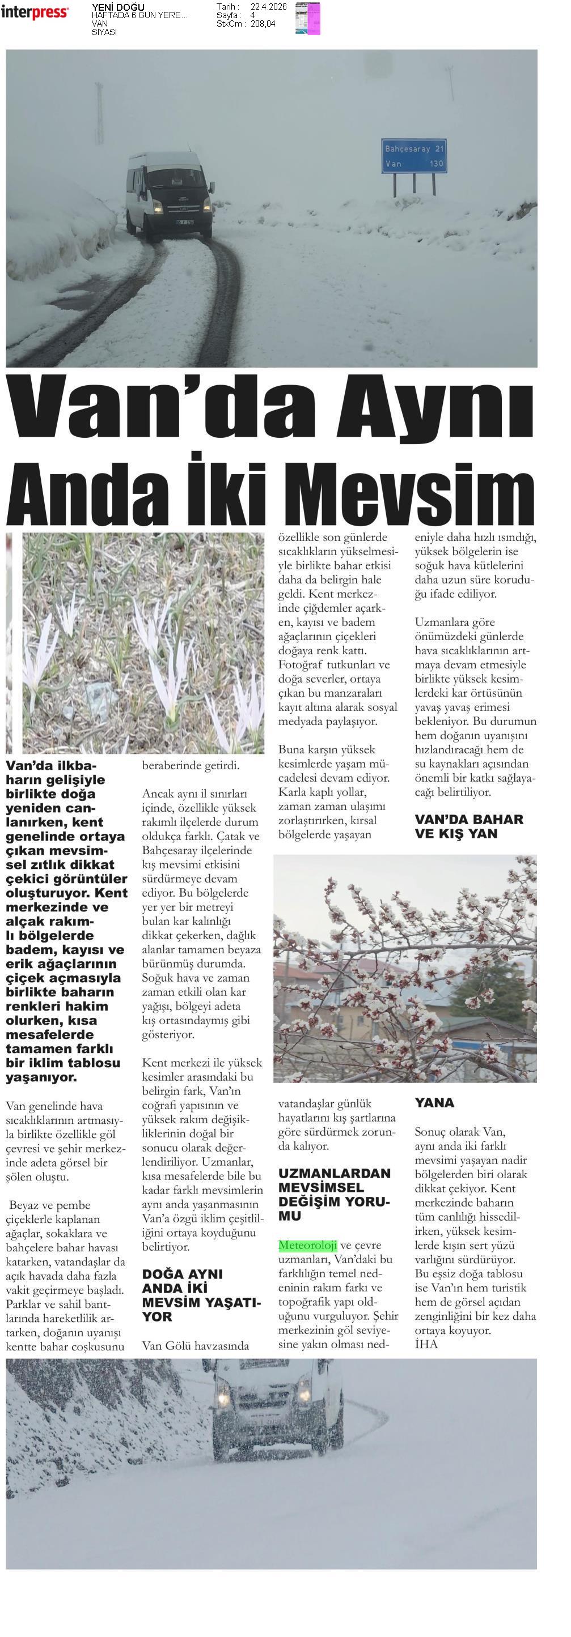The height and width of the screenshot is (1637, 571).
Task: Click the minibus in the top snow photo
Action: (167, 194)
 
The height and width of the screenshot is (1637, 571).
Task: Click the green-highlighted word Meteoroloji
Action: (308, 1244)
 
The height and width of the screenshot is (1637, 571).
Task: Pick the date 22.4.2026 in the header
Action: (268, 7)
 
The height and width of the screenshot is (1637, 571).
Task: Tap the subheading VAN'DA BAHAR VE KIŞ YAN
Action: (468, 826)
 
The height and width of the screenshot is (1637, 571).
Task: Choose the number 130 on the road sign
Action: (436, 164)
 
